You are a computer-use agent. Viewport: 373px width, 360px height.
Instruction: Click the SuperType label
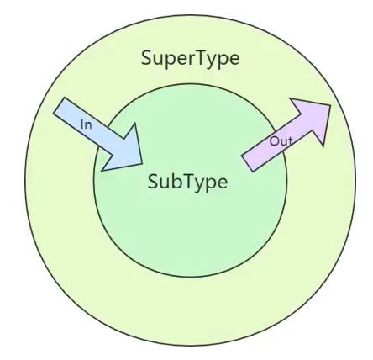191,58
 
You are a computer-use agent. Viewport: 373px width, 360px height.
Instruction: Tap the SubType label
187,182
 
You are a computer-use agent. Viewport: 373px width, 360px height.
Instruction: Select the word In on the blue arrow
87,124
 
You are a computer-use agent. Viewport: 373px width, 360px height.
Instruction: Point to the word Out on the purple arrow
281,141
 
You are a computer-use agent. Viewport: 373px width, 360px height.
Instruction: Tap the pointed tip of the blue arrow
142,163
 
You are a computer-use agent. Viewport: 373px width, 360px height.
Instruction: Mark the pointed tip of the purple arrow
331,105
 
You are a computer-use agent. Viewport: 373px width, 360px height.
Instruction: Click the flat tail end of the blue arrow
59,105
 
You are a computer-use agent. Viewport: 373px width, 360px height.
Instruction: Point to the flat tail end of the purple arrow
247,163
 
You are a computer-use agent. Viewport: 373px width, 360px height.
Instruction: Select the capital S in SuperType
147,57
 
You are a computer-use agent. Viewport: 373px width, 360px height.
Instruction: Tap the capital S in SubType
153,181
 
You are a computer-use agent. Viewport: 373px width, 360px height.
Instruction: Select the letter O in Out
274,141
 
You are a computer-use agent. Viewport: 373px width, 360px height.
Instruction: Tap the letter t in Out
290,141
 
